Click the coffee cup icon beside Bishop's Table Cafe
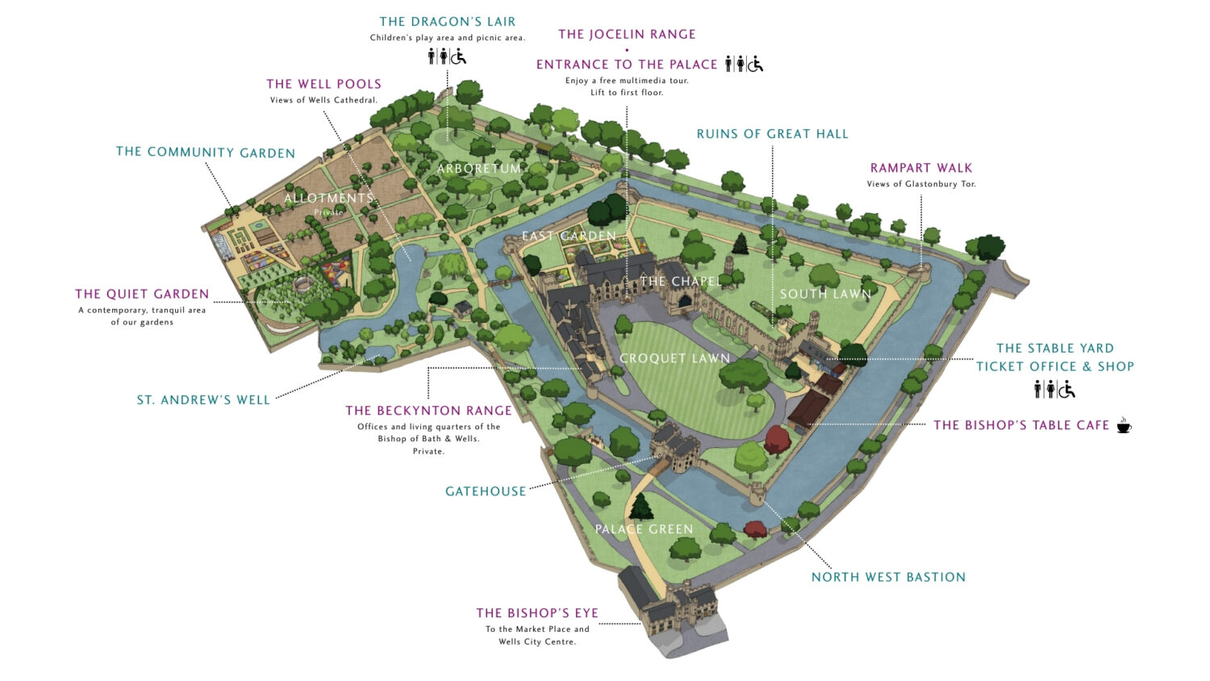click(1124, 425)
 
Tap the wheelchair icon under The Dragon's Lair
click(458, 56)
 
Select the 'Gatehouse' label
click(486, 491)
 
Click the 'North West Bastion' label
click(888, 577)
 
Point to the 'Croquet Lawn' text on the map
click(674, 358)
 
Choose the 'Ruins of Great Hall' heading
click(772, 134)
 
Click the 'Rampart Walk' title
click(921, 168)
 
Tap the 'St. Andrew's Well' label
click(203, 400)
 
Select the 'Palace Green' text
click(644, 529)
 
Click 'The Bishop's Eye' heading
click(537, 613)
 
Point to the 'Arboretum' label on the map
click(479, 169)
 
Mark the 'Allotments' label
click(329, 198)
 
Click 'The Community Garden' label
click(206, 152)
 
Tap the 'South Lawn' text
click(825, 295)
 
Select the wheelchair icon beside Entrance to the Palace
click(755, 64)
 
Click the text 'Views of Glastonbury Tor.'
click(921, 184)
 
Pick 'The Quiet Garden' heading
click(142, 295)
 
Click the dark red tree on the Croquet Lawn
click(777, 440)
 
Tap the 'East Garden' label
click(569, 236)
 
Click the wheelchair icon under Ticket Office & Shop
click(1067, 390)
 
